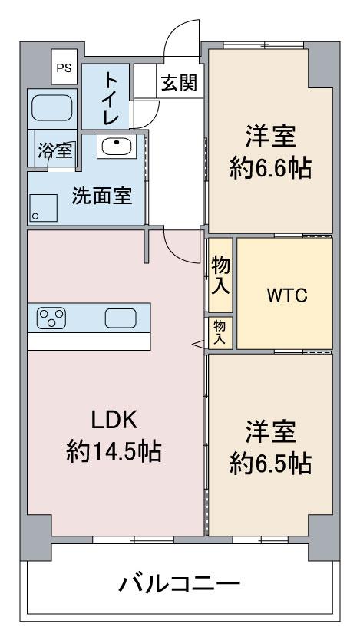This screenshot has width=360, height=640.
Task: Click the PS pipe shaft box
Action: point(64,67)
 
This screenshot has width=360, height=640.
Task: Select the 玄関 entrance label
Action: point(179,84)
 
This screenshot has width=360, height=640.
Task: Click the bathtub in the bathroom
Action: point(52,107)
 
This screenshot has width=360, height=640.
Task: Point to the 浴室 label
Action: point(55,150)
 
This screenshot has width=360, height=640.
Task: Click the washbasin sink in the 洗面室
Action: point(117,147)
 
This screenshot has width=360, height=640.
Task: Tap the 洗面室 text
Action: point(102,196)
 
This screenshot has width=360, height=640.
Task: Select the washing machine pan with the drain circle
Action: point(43,208)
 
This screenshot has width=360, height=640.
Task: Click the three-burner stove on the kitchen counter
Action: point(51,318)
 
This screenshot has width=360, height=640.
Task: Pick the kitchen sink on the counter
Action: point(121,318)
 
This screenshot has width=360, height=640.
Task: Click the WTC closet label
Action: point(287,295)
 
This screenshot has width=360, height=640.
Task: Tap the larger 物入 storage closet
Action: point(220,275)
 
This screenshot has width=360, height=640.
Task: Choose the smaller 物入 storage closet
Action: point(220,332)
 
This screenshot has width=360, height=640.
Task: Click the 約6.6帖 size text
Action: point(270,168)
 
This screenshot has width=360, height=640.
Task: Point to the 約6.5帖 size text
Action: point(270,464)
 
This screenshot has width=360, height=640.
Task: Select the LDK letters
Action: point(114,421)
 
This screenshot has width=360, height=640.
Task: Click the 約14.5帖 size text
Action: point(114,451)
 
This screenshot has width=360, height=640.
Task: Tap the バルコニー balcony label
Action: point(179,584)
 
